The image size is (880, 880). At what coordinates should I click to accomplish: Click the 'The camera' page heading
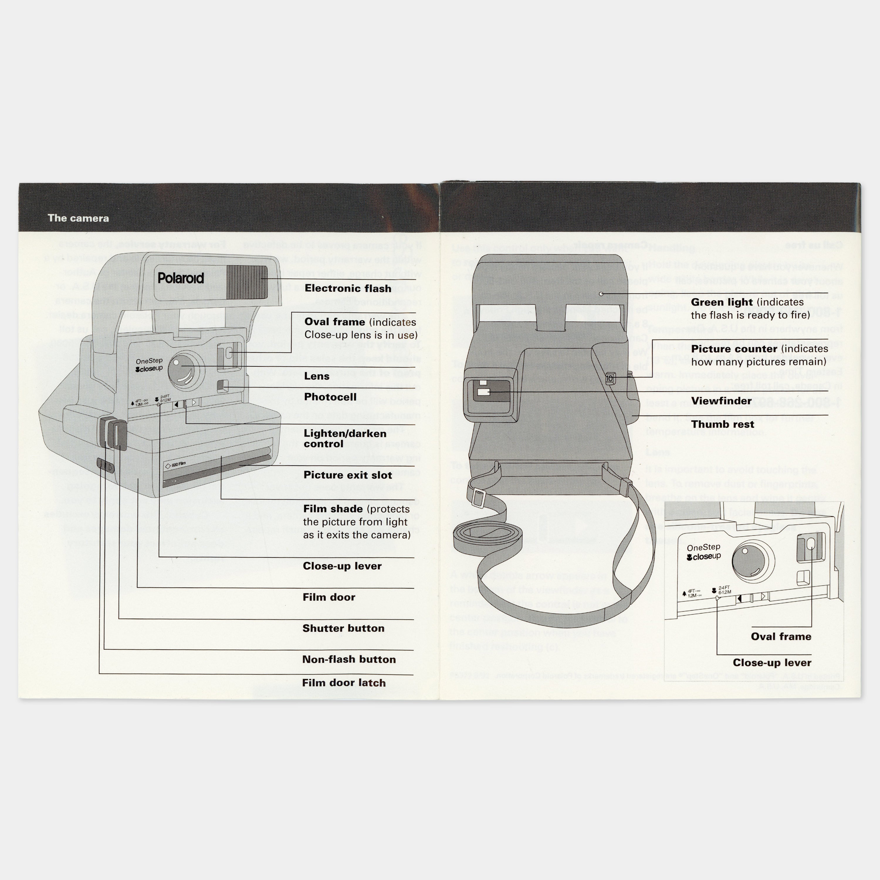click(x=78, y=218)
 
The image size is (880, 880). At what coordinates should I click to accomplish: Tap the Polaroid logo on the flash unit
click(x=181, y=278)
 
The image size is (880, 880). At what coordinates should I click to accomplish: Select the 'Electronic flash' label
click(x=348, y=288)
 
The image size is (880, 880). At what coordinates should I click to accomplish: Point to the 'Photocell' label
click(x=330, y=397)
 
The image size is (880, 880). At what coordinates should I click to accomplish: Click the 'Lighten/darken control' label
click(x=345, y=438)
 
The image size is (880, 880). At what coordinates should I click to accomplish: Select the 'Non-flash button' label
click(x=349, y=659)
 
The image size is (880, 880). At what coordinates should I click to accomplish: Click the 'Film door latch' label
click(x=343, y=683)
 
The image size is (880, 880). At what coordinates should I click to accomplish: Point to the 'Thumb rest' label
click(x=722, y=424)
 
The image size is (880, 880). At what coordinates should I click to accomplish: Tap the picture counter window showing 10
click(x=610, y=378)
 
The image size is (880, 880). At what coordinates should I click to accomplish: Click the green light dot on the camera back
click(x=601, y=294)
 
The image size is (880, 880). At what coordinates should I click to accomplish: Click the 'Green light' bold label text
click(x=722, y=302)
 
